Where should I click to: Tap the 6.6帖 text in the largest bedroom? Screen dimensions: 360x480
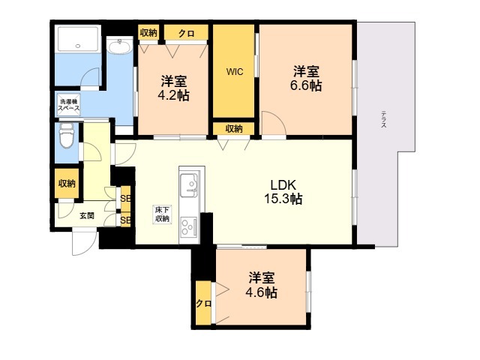click(306, 79)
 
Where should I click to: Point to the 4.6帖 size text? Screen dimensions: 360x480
click(262, 285)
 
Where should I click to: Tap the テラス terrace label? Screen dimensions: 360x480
click(383, 120)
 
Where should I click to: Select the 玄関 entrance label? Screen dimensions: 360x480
click(86, 215)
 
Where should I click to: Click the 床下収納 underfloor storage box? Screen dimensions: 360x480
click(161, 214)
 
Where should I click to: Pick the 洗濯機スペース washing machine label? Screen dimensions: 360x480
click(69, 104)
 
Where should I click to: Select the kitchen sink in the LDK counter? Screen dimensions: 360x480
click(188, 182)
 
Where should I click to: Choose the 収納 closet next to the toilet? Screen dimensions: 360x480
click(67, 184)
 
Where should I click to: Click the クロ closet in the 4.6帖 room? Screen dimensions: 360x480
click(202, 303)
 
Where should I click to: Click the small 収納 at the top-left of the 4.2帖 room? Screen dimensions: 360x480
click(148, 32)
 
